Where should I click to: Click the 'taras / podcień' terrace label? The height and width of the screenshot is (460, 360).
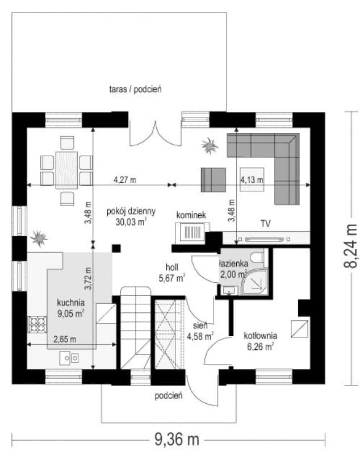click(135, 89)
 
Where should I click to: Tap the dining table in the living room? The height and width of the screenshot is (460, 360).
click(67, 170)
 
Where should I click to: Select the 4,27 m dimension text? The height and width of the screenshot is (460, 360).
click(125, 179)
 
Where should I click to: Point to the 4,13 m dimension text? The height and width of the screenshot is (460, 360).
click(252, 179)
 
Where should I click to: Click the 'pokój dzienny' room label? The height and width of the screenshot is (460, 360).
click(131, 211)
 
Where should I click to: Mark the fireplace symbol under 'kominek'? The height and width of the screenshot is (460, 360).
click(192, 233)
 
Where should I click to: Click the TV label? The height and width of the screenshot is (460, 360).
click(265, 224)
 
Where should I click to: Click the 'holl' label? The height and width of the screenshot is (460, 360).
click(172, 267)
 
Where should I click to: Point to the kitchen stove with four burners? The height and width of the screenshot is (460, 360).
click(37, 324)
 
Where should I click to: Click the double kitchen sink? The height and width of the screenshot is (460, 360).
click(69, 358)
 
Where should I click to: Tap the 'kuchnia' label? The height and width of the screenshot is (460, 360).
click(71, 302)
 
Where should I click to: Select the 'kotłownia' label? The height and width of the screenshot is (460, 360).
click(261, 335)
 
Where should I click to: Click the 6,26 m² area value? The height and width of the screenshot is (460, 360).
click(261, 347)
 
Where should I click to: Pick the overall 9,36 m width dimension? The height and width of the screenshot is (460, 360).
click(177, 440)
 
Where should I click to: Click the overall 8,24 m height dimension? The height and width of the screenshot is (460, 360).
click(350, 246)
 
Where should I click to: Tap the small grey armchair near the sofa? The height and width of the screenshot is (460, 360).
click(214, 179)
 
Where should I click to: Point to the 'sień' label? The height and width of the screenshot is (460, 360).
click(200, 325)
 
